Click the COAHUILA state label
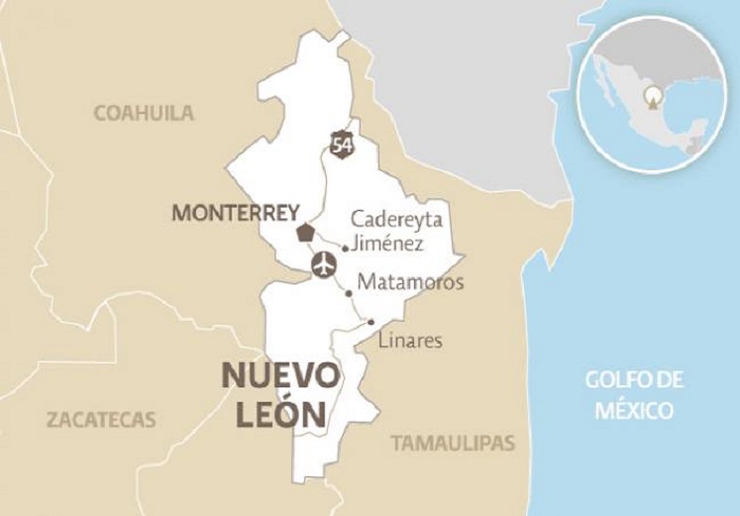tap(144, 112)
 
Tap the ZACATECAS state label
tap(101, 419)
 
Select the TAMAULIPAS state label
tap(453, 443)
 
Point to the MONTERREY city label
tap(236, 212)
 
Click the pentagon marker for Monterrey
tap(305, 234)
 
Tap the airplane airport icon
tap(323, 265)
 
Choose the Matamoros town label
tap(410, 282)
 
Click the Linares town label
tap(410, 342)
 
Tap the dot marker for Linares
tap(370, 322)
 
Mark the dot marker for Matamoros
tap(349, 294)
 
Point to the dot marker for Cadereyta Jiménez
tap(345, 248)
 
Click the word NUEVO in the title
tap(279, 376)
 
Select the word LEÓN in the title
tap(280, 414)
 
